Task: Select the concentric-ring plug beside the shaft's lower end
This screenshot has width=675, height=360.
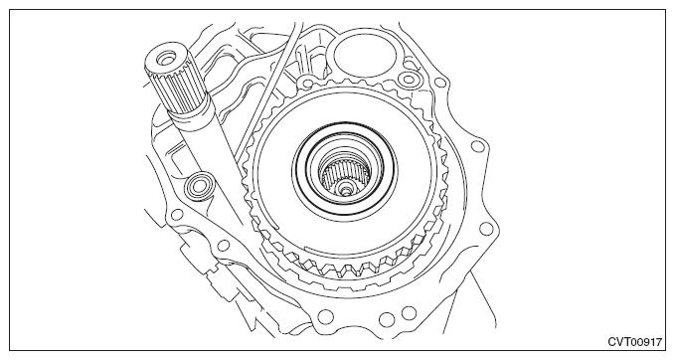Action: pyautogui.click(x=199, y=185)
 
